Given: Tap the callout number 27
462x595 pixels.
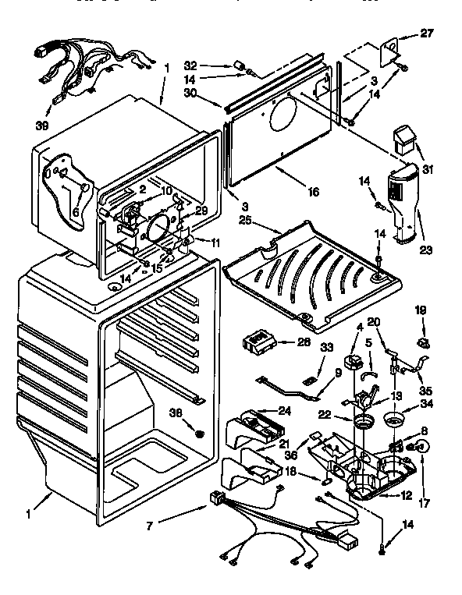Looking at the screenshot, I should click(425, 34).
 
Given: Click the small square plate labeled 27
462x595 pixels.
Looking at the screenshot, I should click(390, 51).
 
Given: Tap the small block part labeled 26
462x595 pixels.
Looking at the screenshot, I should click(260, 341).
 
